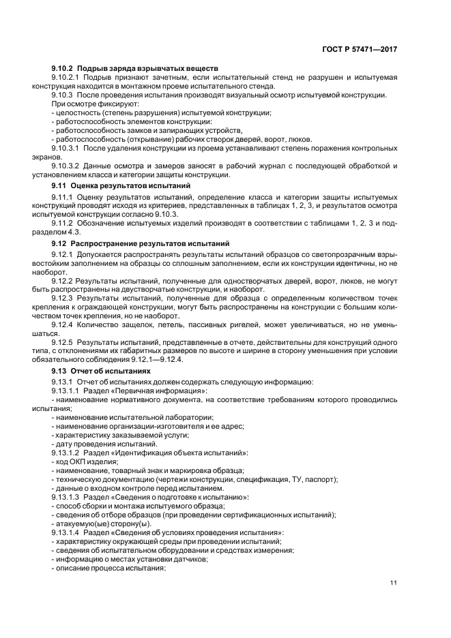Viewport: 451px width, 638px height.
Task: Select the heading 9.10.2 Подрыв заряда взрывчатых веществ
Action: pyautogui.click(x=134, y=69)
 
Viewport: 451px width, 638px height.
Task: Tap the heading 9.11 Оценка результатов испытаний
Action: pyautogui.click(x=121, y=185)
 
